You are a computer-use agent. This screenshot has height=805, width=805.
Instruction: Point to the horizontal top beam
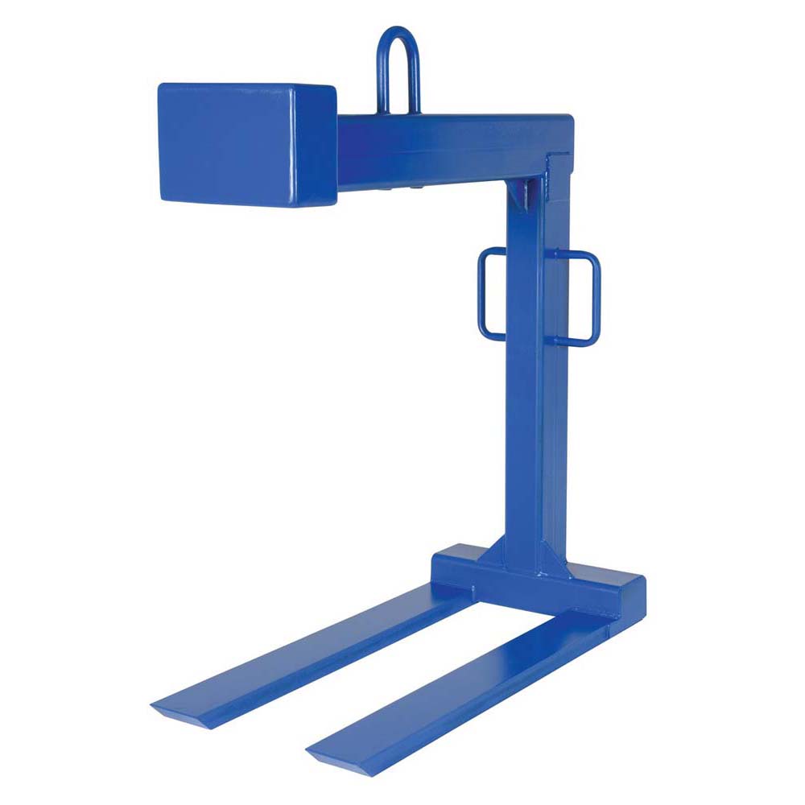(451, 149)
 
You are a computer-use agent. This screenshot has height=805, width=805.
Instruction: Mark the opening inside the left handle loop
(494, 294)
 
